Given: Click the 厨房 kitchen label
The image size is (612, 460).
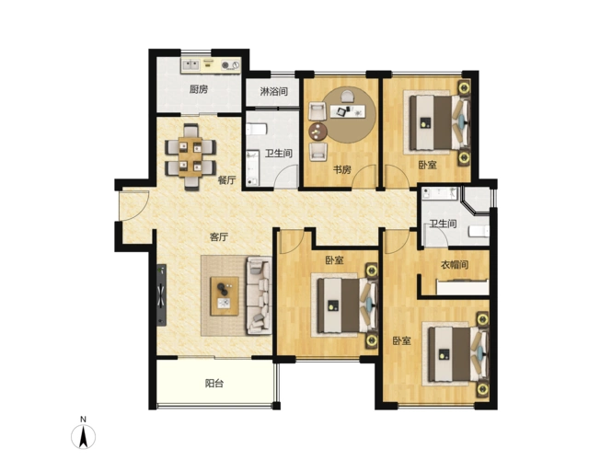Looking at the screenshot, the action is tap(199, 89).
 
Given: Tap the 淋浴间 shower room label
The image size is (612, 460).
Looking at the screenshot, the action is tap(274, 91).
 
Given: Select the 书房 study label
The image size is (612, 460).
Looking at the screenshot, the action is tap(342, 169).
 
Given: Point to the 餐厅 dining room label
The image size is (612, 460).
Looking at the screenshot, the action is tap(226, 180).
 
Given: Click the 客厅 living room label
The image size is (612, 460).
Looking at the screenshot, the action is tap(219, 236).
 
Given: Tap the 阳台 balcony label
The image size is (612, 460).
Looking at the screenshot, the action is tap(214, 384).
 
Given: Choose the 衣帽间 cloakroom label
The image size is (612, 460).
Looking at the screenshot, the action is tap(455, 265).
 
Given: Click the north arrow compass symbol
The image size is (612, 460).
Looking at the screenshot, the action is tap(83, 433).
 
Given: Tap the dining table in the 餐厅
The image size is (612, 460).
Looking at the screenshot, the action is tap(191, 156).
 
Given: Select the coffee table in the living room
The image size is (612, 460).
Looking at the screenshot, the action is tap(225, 296).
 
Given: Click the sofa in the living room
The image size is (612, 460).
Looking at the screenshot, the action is tap(259, 295).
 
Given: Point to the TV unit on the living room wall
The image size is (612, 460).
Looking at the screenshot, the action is tap(161, 295).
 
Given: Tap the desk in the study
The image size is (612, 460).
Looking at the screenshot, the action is tap(349, 111).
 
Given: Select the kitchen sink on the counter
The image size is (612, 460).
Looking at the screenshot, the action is tap(191, 64).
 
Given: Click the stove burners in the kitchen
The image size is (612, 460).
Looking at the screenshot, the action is tap(230, 65).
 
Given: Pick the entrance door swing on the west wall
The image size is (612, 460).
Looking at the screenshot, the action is tap(135, 205).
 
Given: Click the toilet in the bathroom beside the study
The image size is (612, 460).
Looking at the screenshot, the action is tap(257, 129).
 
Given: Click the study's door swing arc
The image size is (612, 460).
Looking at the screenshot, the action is tap(363, 177).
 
